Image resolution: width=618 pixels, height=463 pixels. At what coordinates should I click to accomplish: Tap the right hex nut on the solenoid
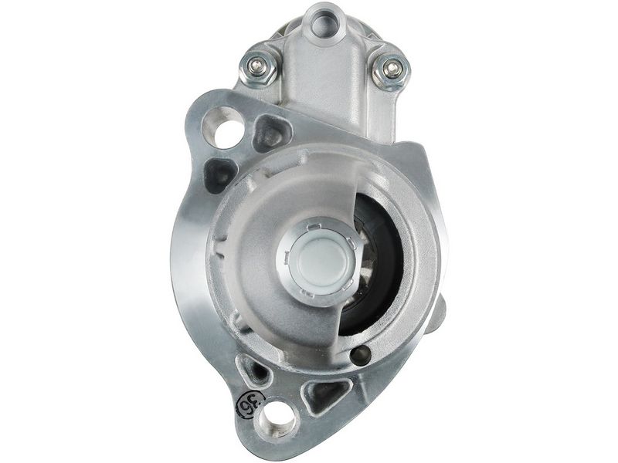389,70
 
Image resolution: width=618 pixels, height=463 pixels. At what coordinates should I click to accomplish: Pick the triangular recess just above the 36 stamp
255,373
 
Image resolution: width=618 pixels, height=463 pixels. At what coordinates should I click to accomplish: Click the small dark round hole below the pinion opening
360,354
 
